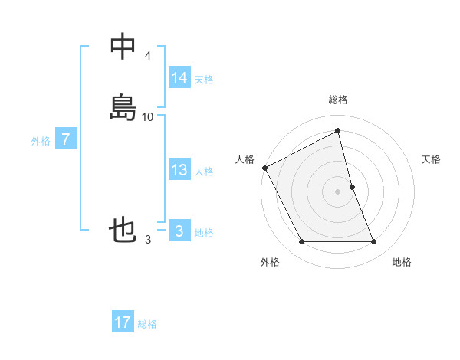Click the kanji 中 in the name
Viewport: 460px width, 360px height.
[123, 46]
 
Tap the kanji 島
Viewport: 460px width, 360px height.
[123, 106]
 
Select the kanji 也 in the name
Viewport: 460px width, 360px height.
[123, 230]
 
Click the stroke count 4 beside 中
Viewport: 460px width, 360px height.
[147, 56]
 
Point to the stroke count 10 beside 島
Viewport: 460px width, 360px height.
[148, 117]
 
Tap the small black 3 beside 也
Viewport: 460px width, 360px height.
[147, 240]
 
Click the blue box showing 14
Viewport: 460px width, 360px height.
[179, 78]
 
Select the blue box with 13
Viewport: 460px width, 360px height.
[179, 170]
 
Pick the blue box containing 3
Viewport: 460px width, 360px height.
[179, 231]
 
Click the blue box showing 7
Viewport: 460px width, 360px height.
[66, 139]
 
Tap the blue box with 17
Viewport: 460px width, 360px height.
[123, 322]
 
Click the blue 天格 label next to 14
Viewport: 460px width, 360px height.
[204, 80]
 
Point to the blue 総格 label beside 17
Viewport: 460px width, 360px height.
[147, 324]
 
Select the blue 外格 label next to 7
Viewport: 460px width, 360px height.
[41, 141]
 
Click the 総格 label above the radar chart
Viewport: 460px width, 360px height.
[338, 100]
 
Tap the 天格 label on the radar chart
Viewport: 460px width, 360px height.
[432, 159]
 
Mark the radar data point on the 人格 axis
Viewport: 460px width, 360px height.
[264, 168]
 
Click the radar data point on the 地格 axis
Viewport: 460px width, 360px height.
[374, 242]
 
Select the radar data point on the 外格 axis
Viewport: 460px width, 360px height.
[301, 242]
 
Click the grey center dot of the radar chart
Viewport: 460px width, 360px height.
[338, 191]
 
